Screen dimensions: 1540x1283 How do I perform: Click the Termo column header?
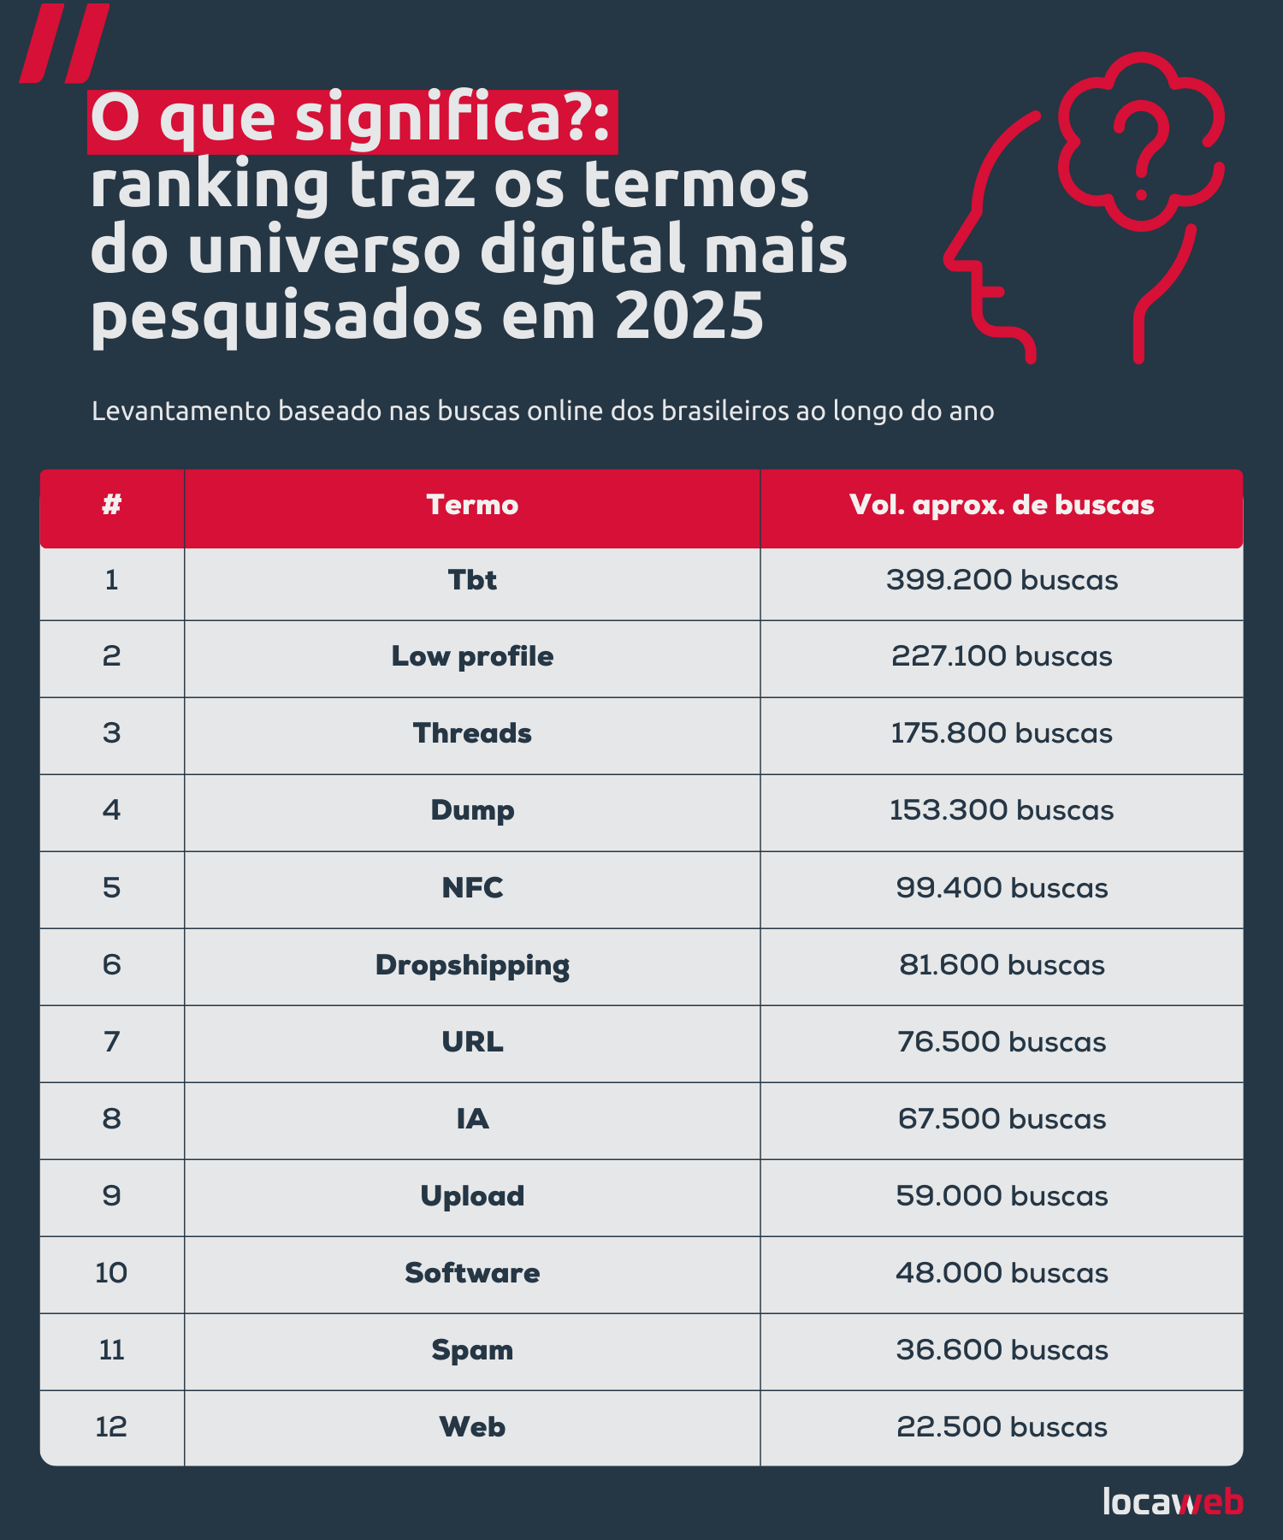coord(472,505)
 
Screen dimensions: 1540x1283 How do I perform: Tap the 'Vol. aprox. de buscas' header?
coord(1002,505)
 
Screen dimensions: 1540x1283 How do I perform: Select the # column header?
coord(111,505)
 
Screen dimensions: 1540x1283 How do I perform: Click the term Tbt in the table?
coord(472,580)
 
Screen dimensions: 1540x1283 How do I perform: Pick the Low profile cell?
coord(472,656)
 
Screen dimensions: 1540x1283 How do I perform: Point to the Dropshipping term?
coord(472,965)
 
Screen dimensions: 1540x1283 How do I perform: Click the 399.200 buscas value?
coord(1002,580)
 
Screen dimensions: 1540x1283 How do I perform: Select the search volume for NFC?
coord(1002,888)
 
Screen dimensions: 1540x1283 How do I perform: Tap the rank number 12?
coord(111,1427)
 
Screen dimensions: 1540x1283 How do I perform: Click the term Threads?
coord(472,733)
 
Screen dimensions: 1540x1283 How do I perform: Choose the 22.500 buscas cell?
coord(1002,1427)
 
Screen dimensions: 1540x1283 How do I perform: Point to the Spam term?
coord(472,1350)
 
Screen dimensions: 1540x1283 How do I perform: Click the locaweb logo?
coord(1173,1501)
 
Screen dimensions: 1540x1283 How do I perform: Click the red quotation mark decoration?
coord(64,43)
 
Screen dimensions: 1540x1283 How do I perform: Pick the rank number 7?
coord(111,1042)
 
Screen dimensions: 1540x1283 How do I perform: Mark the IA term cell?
coord(472,1119)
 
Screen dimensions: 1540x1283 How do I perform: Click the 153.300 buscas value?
coord(1002,810)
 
